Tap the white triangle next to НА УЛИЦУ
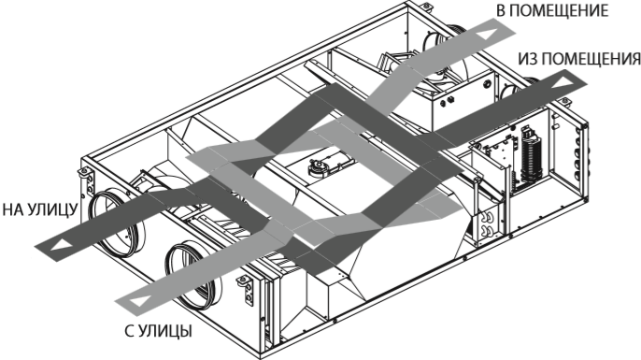pyautogui.click(x=56, y=245)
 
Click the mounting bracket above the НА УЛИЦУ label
pyautogui.click(x=82, y=172)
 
